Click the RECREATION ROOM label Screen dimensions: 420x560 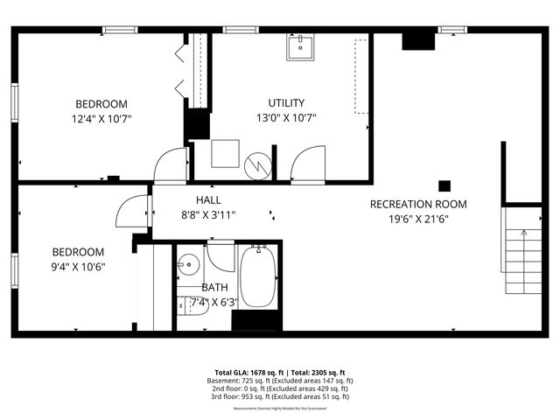coord(418,204)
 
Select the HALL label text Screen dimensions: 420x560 coord(208,199)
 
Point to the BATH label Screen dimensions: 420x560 coord(214,287)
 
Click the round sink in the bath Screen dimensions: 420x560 coord(188,264)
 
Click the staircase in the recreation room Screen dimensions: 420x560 coord(521,250)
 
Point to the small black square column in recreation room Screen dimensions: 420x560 coord(444,185)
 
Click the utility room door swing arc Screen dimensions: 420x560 coord(307,165)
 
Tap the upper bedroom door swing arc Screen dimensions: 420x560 coord(171,165)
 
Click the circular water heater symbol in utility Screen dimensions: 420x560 coord(259,164)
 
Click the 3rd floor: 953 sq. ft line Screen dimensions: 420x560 coord(279,396)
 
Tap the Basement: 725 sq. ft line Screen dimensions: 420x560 coord(279,381)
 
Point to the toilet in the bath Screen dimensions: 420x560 coord(193,304)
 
